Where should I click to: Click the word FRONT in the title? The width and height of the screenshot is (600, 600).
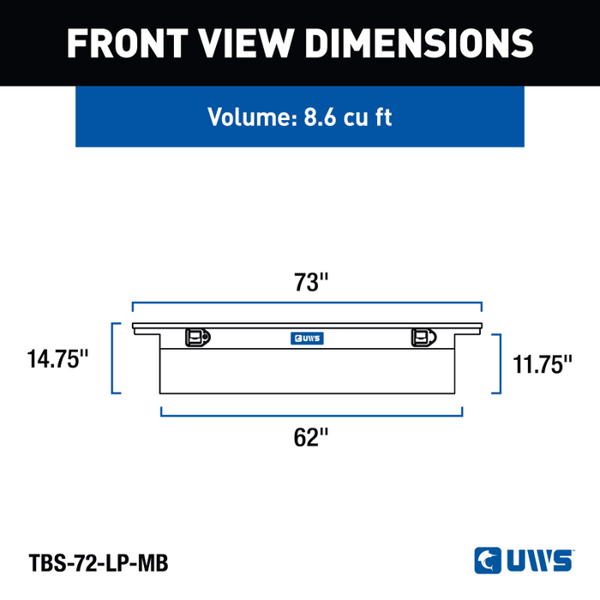point(128,43)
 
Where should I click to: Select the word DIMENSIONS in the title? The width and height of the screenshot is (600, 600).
point(419,43)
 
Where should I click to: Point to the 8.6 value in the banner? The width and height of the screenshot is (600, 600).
point(320,117)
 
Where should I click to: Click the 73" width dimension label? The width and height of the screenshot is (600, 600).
point(310,282)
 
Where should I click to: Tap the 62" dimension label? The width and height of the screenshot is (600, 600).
point(310,437)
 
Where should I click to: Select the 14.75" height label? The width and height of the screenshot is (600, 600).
point(57,359)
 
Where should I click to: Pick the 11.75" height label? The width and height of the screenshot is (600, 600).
point(543,364)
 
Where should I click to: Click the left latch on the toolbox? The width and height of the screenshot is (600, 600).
point(198,337)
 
